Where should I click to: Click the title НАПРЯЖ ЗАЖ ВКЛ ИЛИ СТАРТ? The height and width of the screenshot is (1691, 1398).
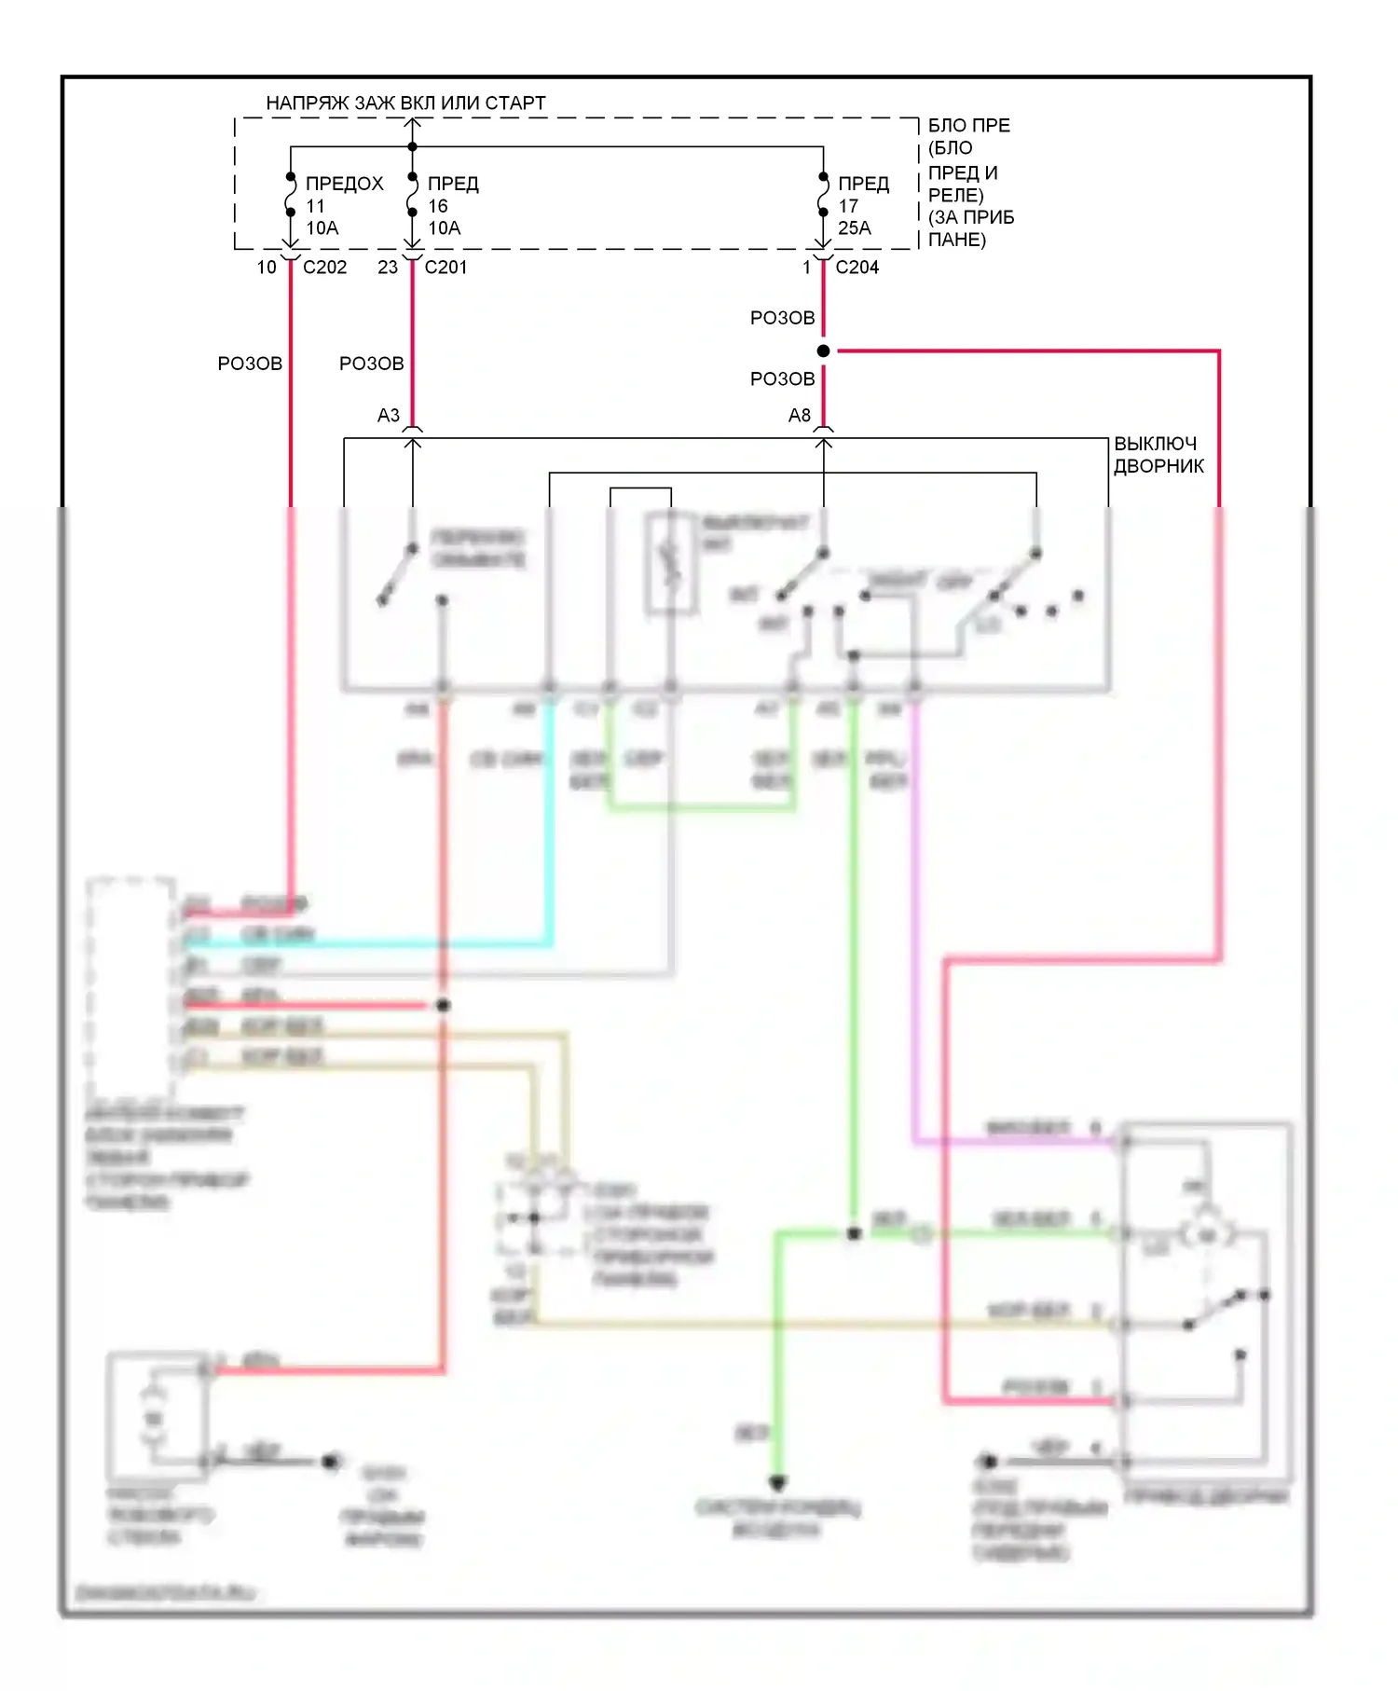point(405,103)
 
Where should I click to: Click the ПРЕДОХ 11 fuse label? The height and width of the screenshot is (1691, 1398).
point(344,185)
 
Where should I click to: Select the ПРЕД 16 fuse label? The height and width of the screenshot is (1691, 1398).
point(453,185)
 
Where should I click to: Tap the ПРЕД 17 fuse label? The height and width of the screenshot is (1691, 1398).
point(863,185)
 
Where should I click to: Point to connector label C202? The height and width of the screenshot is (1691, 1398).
point(324,268)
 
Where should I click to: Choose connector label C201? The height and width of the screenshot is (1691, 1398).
point(445,268)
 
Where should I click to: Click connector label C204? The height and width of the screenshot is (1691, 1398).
point(857,268)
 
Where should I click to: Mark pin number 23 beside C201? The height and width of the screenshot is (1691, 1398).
point(388,268)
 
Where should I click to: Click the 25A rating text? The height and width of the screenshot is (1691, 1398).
point(855,228)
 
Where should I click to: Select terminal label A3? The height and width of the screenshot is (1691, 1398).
point(389,416)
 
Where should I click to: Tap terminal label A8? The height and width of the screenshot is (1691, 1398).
point(800,416)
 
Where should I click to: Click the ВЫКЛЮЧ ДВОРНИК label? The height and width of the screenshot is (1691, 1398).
point(1158,455)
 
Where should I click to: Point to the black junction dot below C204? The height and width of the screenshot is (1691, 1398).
point(823,351)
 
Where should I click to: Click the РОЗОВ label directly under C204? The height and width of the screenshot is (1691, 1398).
point(782,319)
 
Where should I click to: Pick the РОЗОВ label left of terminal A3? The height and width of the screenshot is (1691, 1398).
point(371,364)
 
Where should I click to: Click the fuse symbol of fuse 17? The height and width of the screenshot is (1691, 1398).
point(823,195)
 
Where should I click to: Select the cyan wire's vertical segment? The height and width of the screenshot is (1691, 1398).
point(550,820)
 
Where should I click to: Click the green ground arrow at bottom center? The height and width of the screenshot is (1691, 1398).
point(778,1482)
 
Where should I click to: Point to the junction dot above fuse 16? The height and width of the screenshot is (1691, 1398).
point(413,147)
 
